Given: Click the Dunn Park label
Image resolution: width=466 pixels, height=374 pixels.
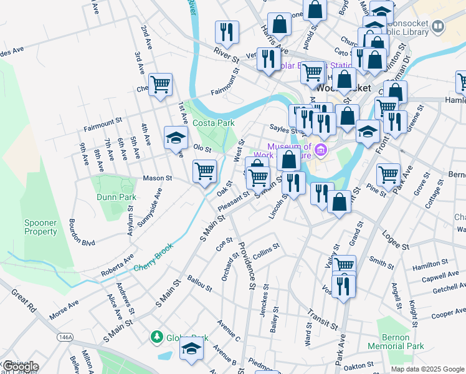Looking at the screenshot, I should (x=116, y=198).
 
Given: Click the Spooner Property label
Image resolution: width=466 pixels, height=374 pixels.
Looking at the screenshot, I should (x=41, y=227).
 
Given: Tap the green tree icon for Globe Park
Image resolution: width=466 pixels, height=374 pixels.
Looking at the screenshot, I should (x=156, y=337).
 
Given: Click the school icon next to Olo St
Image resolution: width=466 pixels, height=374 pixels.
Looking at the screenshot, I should (x=176, y=138).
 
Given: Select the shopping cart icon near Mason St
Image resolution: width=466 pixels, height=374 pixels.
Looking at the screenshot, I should (x=204, y=171).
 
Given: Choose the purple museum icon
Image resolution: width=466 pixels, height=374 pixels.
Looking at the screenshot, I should (x=320, y=150).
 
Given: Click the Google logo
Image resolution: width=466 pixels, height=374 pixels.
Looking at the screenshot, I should (x=20, y=367).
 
